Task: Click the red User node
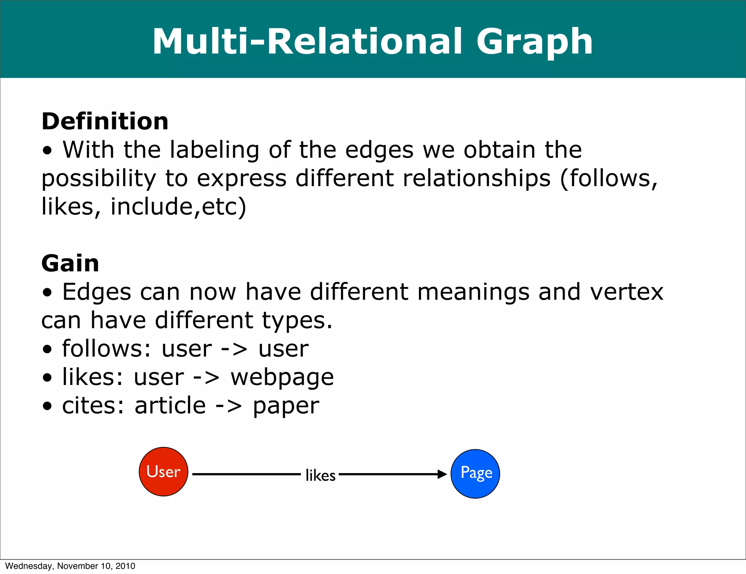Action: pos(164,472)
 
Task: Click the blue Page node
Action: pos(475,473)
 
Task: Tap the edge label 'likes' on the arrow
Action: pos(320,475)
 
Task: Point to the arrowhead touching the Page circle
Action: pos(442,474)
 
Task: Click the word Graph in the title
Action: pos(534,42)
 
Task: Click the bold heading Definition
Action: pos(105,121)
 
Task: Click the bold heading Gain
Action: pos(70,263)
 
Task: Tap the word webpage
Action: pos(282,378)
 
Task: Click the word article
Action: pos(170,406)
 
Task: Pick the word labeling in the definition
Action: pos(215,150)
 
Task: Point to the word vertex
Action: pos(627,292)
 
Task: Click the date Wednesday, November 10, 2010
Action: pos(70,566)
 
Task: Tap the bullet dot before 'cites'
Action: pos(47,406)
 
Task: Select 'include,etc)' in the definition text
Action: pos(178,207)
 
